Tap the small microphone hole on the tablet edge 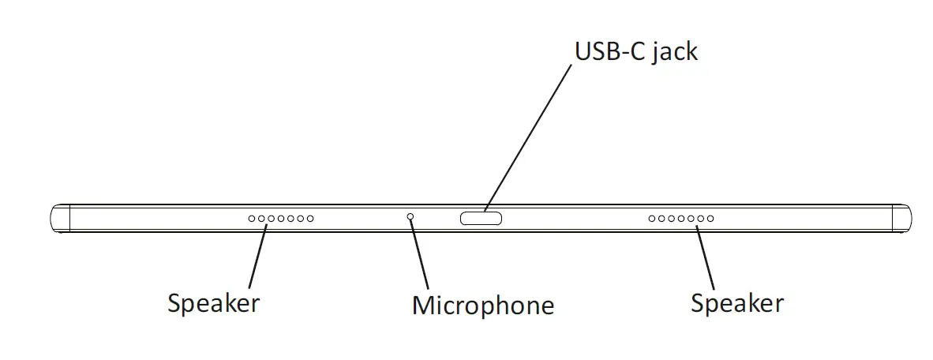410,216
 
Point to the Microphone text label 482,306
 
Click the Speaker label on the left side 213,303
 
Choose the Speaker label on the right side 736,303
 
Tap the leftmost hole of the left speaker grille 252,219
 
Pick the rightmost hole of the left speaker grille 310,219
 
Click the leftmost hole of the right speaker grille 652,219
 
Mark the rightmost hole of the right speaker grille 710,219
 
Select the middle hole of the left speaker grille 281,219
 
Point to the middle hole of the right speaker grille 681,219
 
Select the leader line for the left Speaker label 257,257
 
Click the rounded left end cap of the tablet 60,219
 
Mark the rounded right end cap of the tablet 901,219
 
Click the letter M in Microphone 424,306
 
